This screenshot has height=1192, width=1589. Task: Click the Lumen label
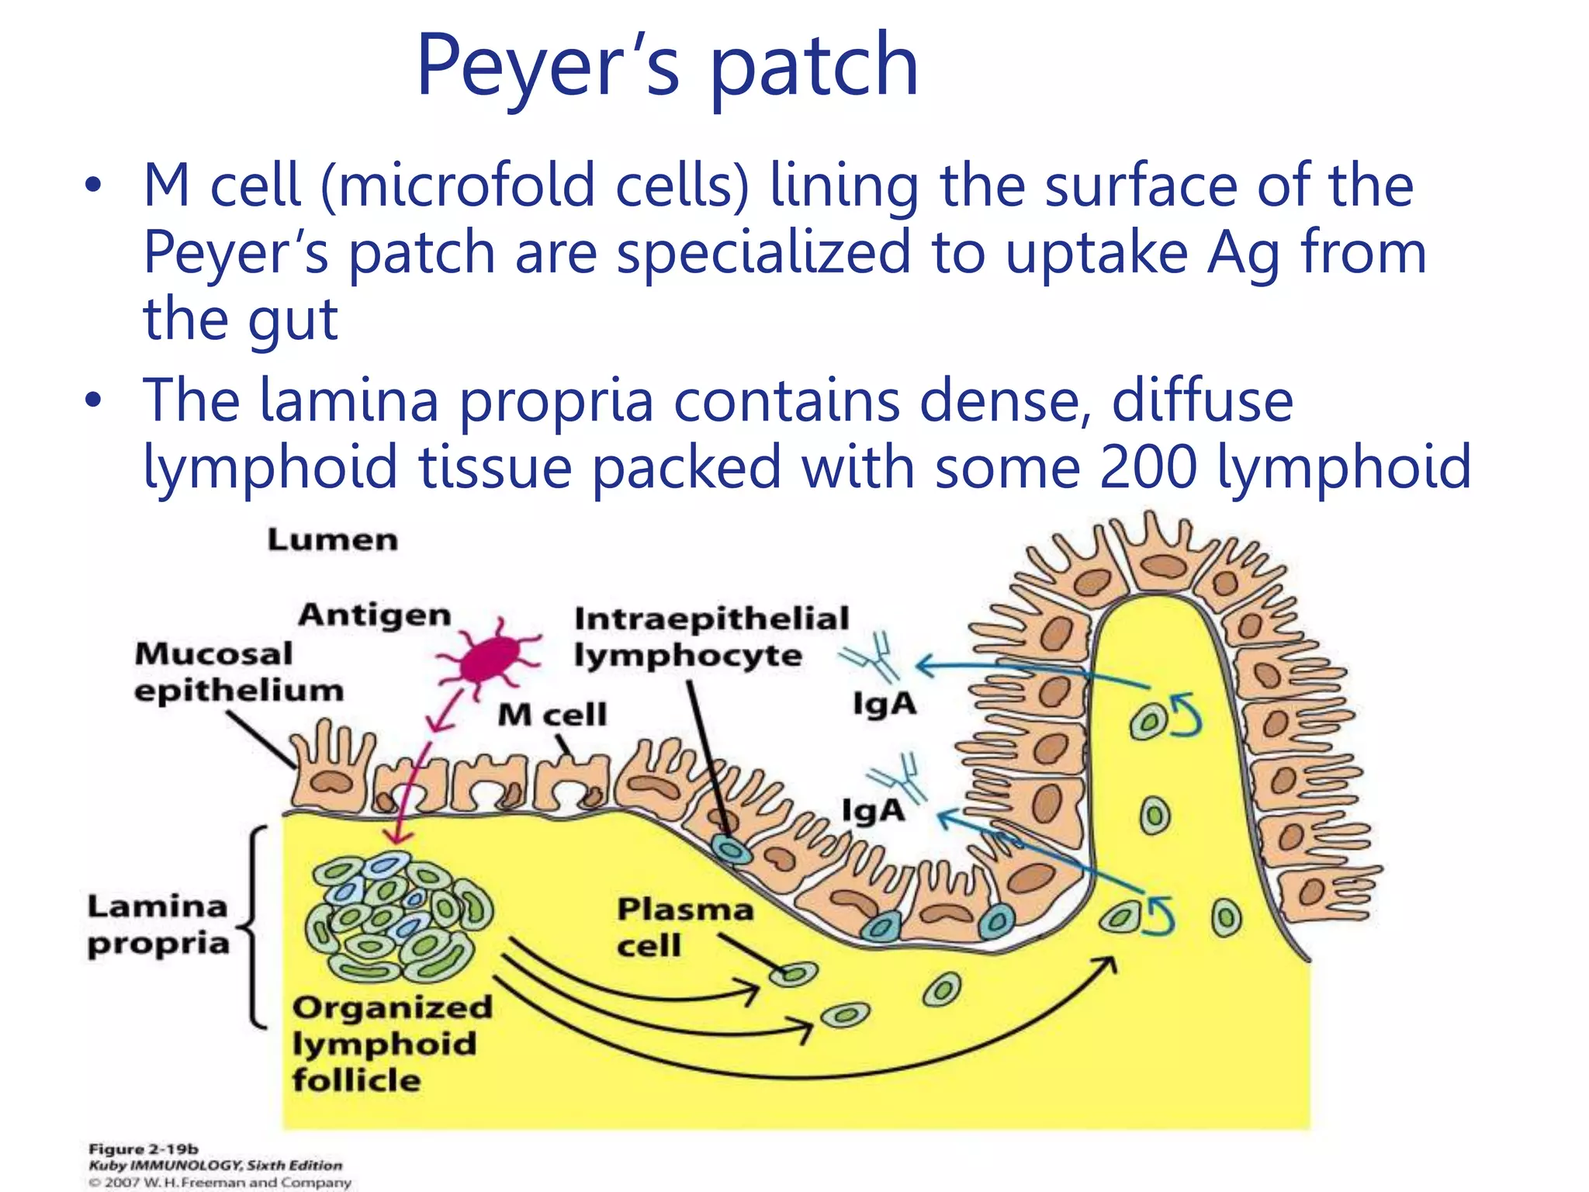[333, 540]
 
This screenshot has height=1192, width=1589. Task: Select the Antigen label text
[375, 615]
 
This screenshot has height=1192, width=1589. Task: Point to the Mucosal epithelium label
[238, 672]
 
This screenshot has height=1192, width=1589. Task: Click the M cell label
[552, 715]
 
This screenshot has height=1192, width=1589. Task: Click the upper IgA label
[885, 705]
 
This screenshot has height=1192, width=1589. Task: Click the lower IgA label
[874, 811]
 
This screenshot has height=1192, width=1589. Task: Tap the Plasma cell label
[684, 927]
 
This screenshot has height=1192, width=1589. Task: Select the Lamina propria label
[158, 925]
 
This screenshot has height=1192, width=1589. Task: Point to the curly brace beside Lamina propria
[254, 927]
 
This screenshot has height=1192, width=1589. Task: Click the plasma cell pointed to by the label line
[794, 974]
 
